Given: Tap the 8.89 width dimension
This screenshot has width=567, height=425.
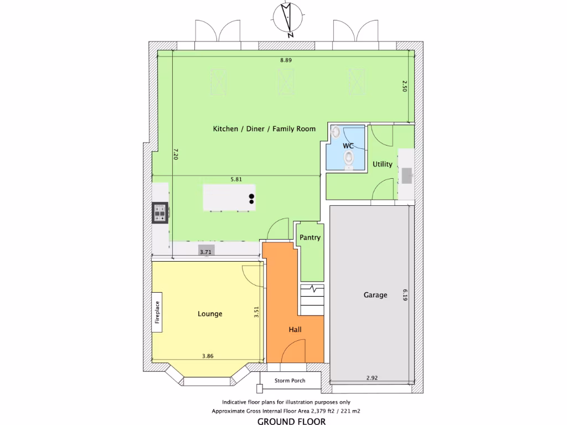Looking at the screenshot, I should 285,60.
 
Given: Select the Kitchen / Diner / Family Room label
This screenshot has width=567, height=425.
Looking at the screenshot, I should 264,129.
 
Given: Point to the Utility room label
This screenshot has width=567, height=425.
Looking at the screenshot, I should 382,164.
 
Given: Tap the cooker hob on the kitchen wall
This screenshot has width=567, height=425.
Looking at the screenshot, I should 160,213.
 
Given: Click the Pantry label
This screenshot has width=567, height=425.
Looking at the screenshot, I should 310,237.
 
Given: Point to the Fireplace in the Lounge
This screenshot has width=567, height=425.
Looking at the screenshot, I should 157,312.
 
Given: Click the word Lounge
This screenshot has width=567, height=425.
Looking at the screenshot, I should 210,314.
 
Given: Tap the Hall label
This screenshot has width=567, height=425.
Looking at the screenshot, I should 295,330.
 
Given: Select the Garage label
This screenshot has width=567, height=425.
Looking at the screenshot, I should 375,295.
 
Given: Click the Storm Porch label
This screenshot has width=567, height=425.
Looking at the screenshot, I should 291,381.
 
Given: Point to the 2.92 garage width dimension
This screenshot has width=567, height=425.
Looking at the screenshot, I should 372,378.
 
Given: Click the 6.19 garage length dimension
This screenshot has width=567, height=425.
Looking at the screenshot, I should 405,294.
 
